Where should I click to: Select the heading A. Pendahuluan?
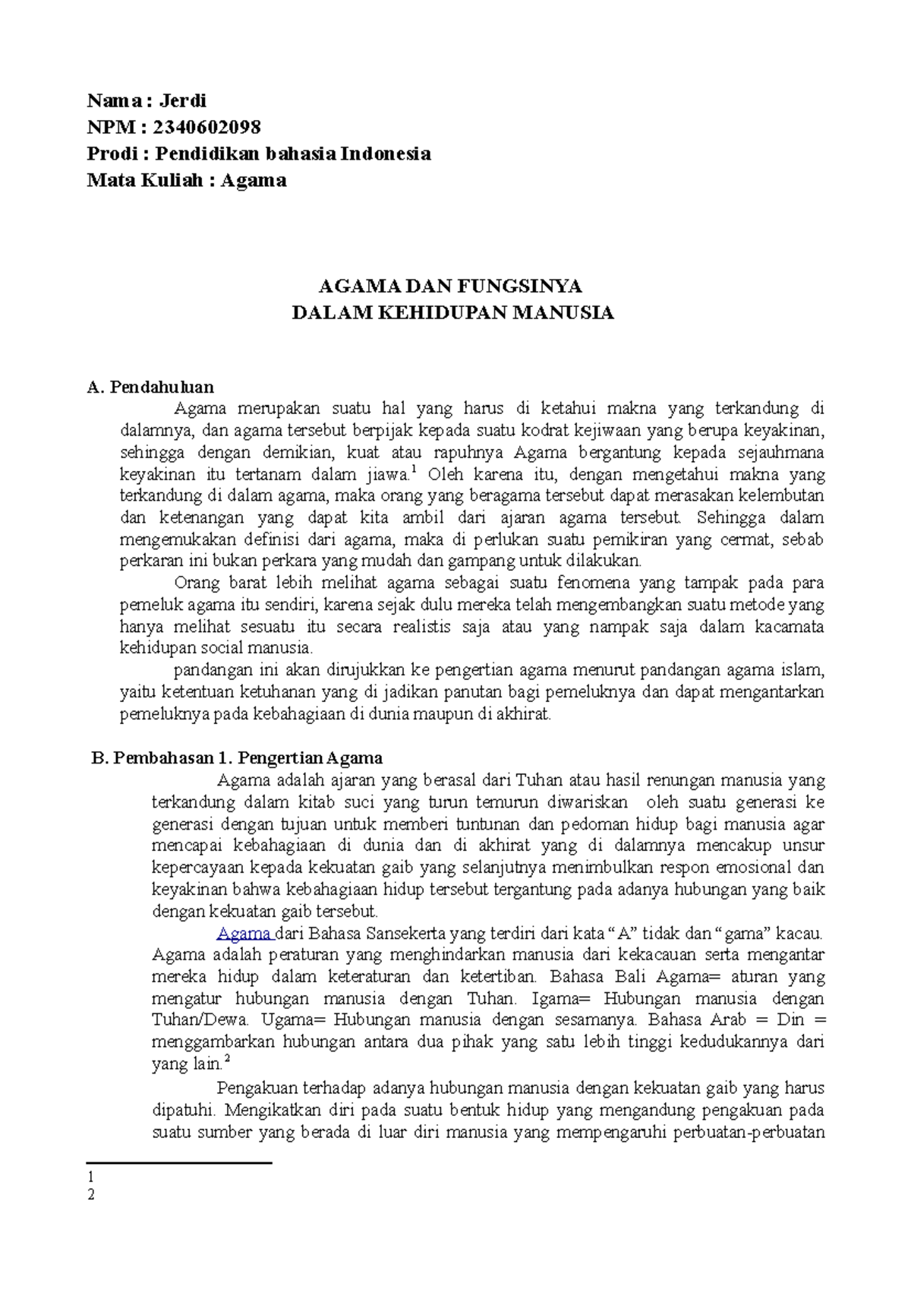151,387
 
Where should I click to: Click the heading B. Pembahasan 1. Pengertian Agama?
236,757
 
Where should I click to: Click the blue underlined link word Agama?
244,933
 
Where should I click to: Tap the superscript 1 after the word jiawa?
414,471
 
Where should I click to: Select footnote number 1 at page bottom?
91,1176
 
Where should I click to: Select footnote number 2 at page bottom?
91,1194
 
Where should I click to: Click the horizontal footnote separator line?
179,1162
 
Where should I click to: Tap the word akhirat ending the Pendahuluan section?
522,714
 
